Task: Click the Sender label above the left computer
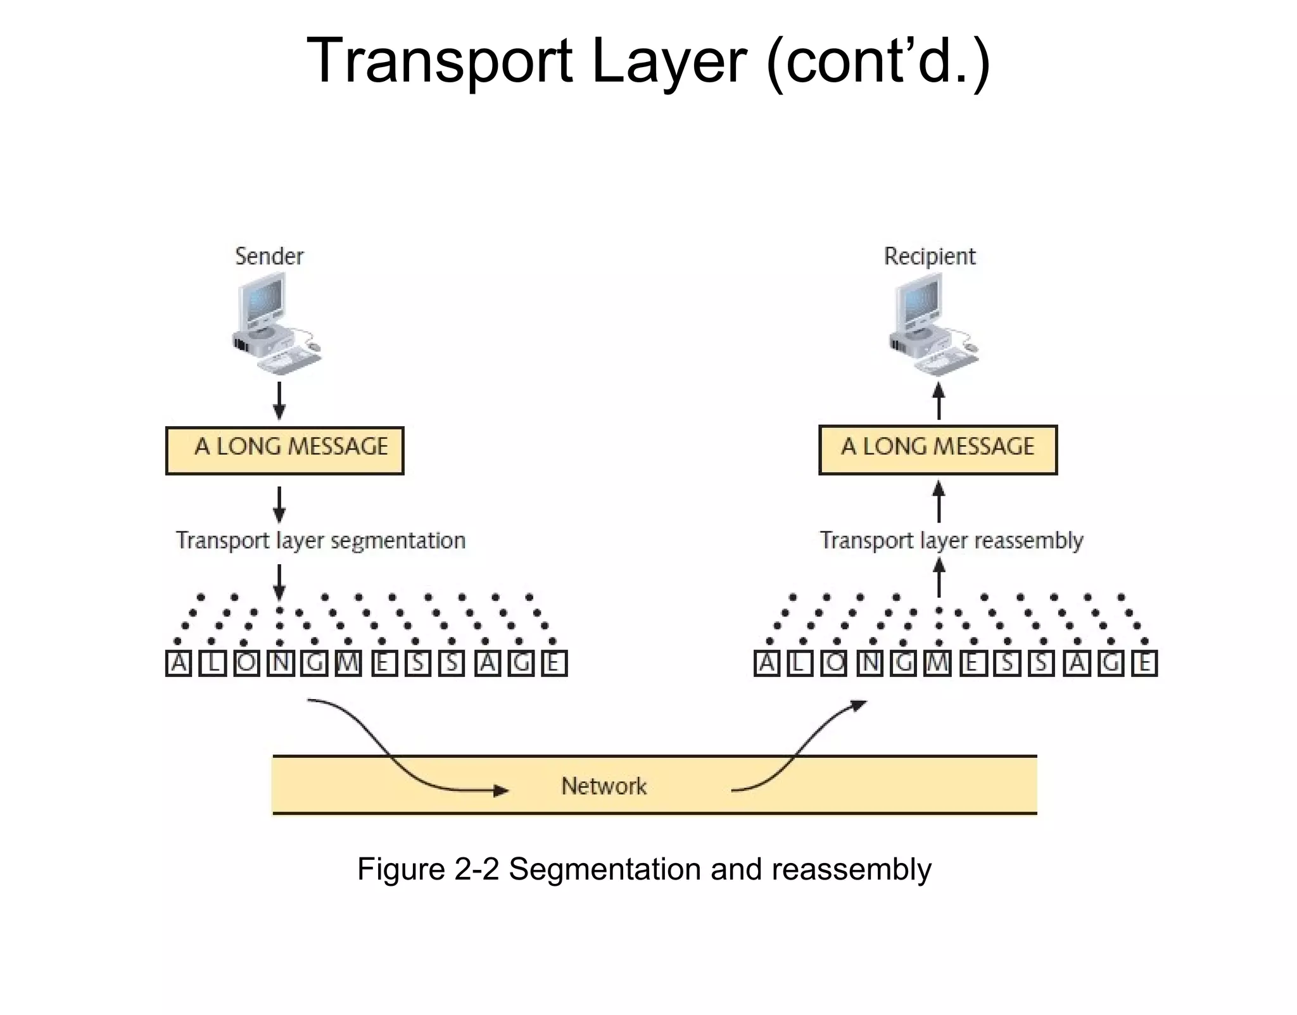coord(269,256)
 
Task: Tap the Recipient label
coord(929,256)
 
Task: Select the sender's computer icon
coord(275,323)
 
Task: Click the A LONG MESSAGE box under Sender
coord(284,450)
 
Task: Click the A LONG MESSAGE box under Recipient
coord(938,450)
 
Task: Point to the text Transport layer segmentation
coord(320,541)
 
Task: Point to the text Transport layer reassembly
coord(951,541)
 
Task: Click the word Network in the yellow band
coord(604,786)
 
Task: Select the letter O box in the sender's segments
coord(246,664)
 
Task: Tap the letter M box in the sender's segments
coord(348,664)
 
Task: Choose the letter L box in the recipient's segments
coord(800,664)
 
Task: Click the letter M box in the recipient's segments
coord(938,664)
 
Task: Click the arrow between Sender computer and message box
coord(279,400)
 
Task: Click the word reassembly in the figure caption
coord(851,869)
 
